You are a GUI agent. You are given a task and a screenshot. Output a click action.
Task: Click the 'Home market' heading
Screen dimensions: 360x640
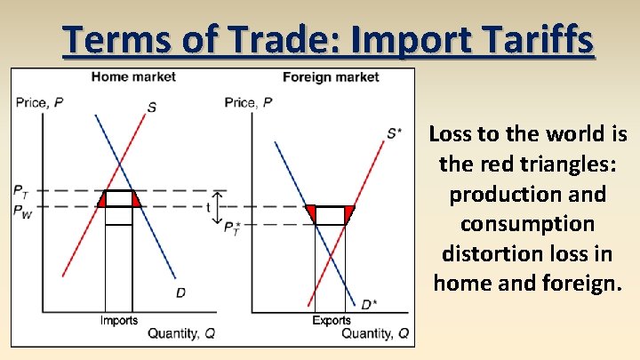(x=133, y=77)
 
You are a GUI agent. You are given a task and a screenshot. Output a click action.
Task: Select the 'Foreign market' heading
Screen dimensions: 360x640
(x=331, y=77)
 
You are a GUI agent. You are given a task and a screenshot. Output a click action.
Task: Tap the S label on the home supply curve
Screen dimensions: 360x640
(x=152, y=108)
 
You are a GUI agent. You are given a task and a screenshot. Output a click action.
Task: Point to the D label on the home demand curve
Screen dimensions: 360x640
(x=180, y=292)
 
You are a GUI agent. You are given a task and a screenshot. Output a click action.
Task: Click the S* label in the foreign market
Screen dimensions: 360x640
(x=394, y=133)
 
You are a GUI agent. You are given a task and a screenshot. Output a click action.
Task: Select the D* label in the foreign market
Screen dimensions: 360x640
(x=368, y=305)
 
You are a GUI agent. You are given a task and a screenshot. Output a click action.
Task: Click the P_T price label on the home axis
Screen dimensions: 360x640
(x=20, y=190)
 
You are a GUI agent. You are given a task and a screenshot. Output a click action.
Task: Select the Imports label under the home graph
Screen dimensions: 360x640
(x=118, y=320)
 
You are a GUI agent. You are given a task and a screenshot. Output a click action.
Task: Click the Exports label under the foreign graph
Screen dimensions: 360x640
(x=331, y=320)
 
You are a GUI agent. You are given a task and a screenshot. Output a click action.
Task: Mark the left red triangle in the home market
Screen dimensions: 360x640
(x=102, y=201)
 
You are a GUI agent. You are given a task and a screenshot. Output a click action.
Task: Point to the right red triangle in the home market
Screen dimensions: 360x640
(x=136, y=201)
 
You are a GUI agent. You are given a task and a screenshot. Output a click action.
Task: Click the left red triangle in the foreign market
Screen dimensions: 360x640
(x=311, y=213)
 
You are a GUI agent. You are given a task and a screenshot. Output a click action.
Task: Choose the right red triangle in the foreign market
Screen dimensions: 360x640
(x=348, y=213)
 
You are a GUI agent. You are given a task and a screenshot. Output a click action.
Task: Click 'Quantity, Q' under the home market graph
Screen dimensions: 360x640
(x=181, y=333)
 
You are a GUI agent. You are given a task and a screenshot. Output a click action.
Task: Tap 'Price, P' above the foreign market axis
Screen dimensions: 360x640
(x=249, y=103)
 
